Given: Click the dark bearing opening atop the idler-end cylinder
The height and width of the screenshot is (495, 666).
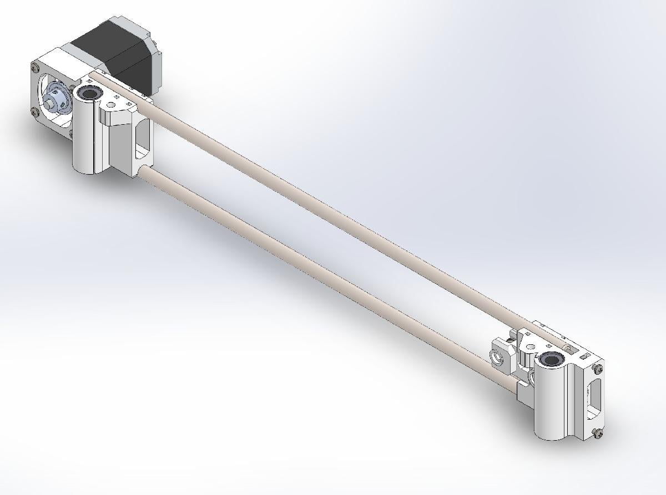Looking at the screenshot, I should [x=553, y=359].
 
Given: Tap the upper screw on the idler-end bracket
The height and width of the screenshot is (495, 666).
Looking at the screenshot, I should [x=598, y=369].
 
